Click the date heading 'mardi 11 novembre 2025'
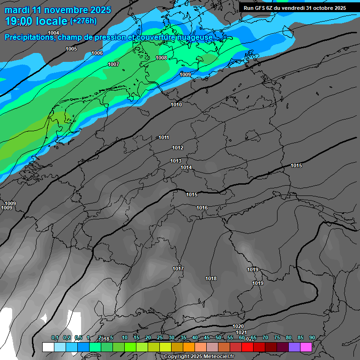point(58,10)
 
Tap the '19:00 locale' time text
point(36,21)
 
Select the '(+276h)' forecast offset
point(83,21)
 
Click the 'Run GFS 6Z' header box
point(295,7)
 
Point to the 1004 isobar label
point(53,33)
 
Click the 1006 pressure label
point(97,53)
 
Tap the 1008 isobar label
point(161,58)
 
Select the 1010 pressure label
point(176,105)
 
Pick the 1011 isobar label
point(164,137)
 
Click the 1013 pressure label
point(176,161)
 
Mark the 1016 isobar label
point(202,208)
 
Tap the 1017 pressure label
point(178,269)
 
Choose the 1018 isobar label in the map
point(211,278)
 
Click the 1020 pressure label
point(238,326)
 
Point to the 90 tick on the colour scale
point(312,337)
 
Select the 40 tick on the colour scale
point(195,337)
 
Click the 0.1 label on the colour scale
point(55,337)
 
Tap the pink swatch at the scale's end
point(306,347)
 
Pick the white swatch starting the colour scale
point(48,347)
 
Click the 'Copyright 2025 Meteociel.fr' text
point(199,356)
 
